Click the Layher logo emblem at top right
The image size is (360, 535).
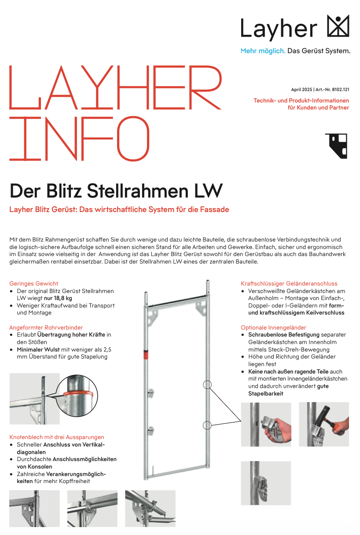tap(338, 26)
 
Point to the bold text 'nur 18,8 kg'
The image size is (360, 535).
tap(58, 298)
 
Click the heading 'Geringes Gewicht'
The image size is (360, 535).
tap(33, 283)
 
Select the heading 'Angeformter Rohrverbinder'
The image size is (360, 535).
tap(46, 327)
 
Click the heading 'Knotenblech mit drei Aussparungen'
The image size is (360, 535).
tap(57, 437)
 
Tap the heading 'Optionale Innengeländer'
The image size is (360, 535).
tap(273, 327)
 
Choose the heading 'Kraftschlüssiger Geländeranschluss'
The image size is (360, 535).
tap(289, 283)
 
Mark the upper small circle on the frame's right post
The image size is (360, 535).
tap(207, 385)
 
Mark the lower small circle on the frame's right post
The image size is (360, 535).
tap(207, 425)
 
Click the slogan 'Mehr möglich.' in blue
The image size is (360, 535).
tap(263, 51)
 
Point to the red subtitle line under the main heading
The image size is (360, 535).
tap(119, 209)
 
